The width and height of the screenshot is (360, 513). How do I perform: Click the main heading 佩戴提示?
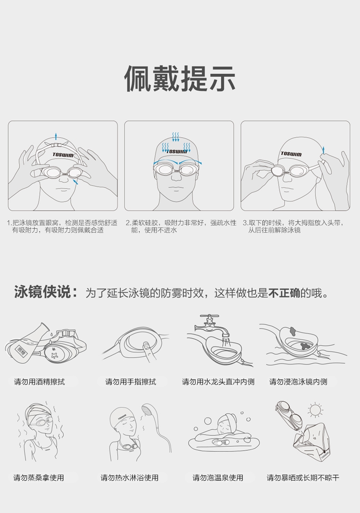(x=180, y=79)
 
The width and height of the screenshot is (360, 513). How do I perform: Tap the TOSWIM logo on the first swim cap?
(x=63, y=155)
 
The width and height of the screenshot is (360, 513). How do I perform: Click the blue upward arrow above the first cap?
(x=56, y=136)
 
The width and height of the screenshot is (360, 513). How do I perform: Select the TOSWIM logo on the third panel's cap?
(x=291, y=154)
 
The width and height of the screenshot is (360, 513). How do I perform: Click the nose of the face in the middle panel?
(x=177, y=177)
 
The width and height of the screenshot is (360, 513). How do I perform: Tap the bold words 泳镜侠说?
(x=43, y=292)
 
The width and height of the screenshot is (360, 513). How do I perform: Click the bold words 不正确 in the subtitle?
(x=284, y=293)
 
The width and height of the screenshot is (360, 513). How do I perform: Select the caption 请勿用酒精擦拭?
(x=39, y=382)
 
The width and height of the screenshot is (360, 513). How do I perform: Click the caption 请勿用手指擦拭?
(x=131, y=382)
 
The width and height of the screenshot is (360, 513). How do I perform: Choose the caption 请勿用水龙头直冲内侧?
(x=218, y=382)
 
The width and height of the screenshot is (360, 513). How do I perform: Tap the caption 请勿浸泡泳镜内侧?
(x=298, y=382)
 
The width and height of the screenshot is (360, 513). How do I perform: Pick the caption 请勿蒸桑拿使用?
(x=38, y=477)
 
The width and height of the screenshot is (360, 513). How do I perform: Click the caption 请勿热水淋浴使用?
(x=130, y=477)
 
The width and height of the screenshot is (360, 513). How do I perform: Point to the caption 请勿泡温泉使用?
(x=218, y=477)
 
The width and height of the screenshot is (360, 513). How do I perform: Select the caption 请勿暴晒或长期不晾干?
(x=303, y=477)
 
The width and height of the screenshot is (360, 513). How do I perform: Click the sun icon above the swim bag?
(x=315, y=410)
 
